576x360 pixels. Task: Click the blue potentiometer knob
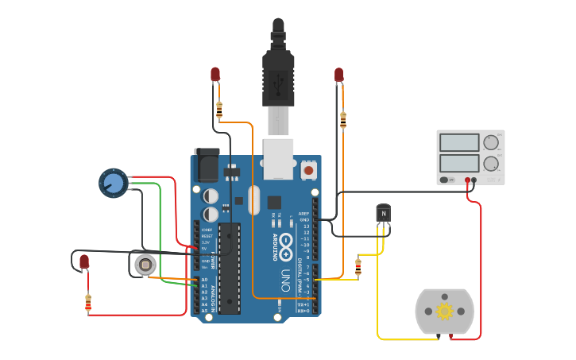[114, 184]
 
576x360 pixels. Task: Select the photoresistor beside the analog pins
[145, 265]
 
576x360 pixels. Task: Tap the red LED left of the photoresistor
[84, 261]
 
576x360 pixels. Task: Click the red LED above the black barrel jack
[215, 74]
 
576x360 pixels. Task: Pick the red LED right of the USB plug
[339, 75]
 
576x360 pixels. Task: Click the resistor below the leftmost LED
[87, 302]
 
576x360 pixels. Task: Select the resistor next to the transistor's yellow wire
[358, 266]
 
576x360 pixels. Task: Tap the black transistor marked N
[384, 213]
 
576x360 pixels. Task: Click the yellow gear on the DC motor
[444, 311]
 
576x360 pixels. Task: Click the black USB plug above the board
[278, 68]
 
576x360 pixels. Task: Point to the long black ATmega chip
[229, 268]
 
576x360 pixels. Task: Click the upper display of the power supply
[458, 143]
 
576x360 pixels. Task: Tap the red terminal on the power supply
[468, 180]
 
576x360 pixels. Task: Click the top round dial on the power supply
[491, 143]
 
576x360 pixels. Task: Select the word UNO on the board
[284, 280]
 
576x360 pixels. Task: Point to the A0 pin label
[204, 280]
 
